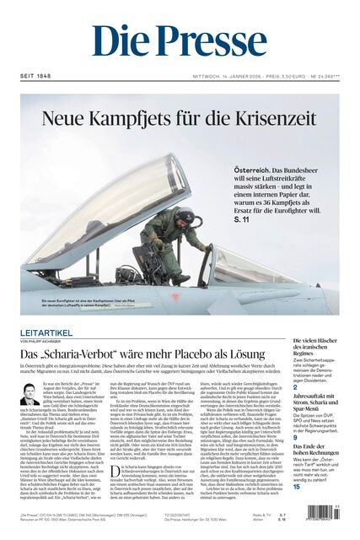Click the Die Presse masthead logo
point(179,42)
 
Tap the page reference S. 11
point(243,243)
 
